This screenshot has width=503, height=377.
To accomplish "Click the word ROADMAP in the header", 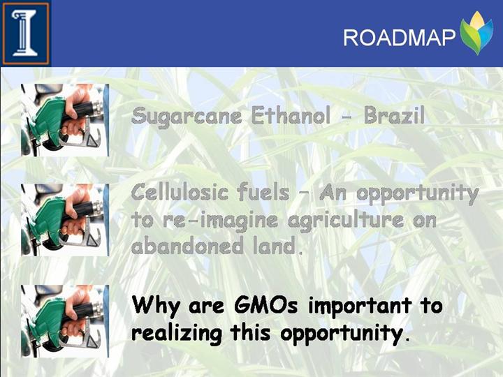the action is tap(399, 38).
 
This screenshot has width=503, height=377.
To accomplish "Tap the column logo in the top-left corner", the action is tap(25, 34).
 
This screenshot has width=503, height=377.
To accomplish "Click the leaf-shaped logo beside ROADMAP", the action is tap(476, 33).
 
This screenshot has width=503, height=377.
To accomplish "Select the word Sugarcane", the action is tap(187, 117).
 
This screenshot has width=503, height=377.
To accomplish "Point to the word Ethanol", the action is tap(291, 115).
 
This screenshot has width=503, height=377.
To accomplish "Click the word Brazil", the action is tap(394, 115).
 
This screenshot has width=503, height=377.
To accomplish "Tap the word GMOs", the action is tap(266, 305).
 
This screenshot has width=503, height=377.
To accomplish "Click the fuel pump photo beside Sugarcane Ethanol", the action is tap(65, 120).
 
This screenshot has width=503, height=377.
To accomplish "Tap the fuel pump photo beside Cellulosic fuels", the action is tap(65, 220).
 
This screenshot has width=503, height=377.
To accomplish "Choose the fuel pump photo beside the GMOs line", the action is tap(65, 321).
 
